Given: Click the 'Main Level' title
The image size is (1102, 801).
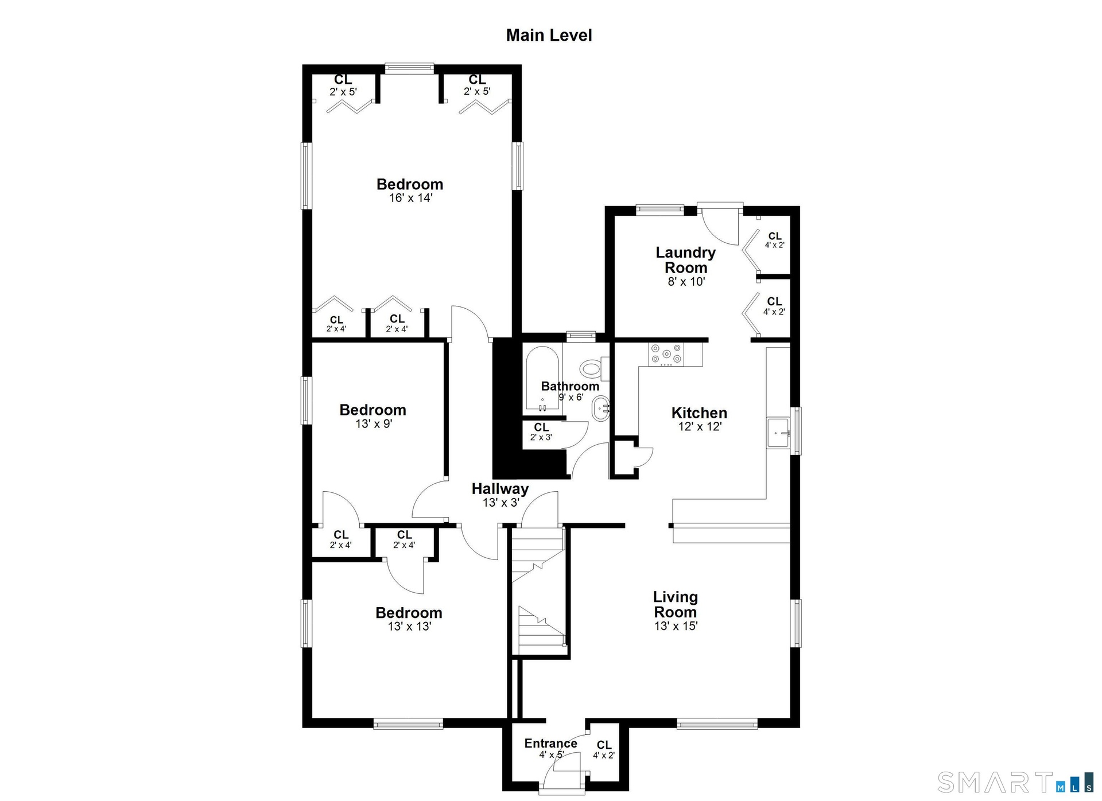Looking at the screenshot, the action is (x=549, y=35).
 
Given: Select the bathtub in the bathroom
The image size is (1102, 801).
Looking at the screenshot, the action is (x=542, y=379).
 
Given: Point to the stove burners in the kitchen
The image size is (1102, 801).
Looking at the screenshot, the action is (x=666, y=354).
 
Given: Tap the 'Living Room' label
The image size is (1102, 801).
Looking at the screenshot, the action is (x=676, y=604).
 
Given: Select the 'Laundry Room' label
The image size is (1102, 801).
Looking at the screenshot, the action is (x=685, y=260).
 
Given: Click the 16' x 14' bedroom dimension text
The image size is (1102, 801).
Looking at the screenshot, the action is (x=410, y=198).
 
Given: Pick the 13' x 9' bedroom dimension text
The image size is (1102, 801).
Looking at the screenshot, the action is (x=374, y=424).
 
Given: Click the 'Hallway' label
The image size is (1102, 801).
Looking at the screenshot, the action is (x=500, y=489).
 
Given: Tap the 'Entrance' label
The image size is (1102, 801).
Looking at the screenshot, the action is (x=550, y=744).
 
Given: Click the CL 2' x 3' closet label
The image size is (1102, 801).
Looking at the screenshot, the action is (x=541, y=431).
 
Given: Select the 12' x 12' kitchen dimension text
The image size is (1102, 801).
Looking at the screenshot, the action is (x=700, y=426).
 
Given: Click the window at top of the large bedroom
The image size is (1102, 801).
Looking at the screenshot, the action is (x=409, y=69).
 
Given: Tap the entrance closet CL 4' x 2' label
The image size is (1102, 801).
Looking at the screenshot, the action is (x=604, y=749).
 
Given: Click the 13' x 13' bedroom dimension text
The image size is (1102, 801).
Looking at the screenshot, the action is (x=409, y=627).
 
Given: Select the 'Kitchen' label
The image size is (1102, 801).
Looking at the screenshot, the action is (x=699, y=413).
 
